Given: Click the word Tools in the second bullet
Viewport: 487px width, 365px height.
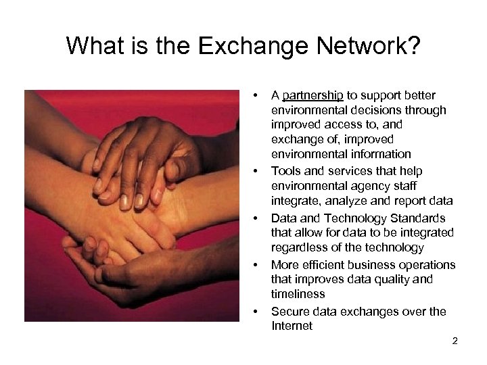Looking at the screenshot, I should click(285, 171).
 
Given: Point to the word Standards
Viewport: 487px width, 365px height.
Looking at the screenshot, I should click(419, 218).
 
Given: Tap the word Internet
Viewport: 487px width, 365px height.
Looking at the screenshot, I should click(292, 326).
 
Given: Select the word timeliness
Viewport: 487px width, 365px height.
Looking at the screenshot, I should click(298, 294).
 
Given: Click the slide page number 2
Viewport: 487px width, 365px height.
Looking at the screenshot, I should click(455, 341).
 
